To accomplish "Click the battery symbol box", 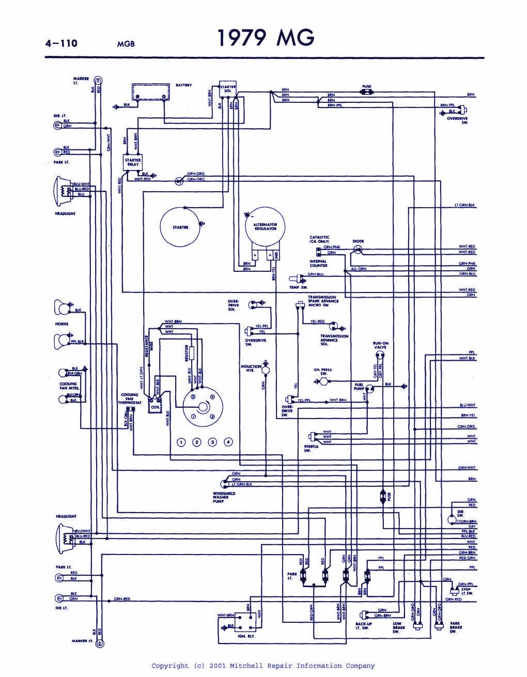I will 150,92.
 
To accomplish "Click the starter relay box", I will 133,162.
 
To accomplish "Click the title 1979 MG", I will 265,38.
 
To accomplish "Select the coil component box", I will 153,405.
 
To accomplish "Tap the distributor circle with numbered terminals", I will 201,406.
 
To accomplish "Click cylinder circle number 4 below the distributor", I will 228,442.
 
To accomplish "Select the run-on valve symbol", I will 381,356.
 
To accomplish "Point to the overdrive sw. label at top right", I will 457,120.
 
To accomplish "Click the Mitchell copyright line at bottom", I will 263,666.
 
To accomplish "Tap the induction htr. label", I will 251,368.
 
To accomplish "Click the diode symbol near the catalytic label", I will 358,249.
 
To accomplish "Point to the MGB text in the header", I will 126,44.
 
